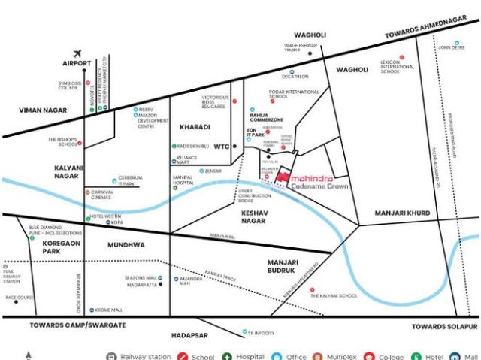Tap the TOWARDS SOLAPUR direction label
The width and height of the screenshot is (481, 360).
click(445, 328)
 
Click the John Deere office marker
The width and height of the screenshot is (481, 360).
click(456, 42)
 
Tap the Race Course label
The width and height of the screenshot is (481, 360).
click(21, 298)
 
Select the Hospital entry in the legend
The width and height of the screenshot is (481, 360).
click(240, 356)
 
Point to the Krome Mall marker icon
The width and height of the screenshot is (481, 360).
click(92, 310)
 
